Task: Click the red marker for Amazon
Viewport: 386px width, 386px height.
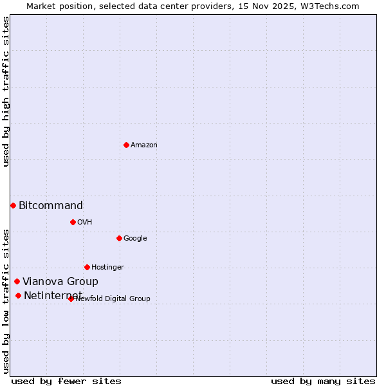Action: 126,145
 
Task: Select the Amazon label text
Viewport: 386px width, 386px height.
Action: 144,145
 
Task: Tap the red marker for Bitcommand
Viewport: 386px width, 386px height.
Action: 13,205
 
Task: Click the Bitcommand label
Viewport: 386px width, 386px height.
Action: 51,206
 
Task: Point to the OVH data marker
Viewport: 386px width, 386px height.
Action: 73,222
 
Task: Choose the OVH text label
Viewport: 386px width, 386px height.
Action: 85,223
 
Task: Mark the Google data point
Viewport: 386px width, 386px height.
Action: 119,238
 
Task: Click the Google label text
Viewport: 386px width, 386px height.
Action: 135,239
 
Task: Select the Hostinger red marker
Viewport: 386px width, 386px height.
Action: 87,267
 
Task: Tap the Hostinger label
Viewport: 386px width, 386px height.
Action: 107,268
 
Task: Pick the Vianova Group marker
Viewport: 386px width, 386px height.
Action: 17,281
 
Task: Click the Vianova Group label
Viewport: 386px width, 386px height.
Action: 60,282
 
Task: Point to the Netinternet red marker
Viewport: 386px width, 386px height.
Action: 18,295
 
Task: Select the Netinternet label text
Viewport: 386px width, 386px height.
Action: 53,296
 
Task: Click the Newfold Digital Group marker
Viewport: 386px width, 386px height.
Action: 71,299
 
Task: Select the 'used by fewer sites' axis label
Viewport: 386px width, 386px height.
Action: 66,381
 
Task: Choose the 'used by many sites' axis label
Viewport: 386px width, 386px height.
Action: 323,381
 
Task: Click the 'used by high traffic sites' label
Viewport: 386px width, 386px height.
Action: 6,91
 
